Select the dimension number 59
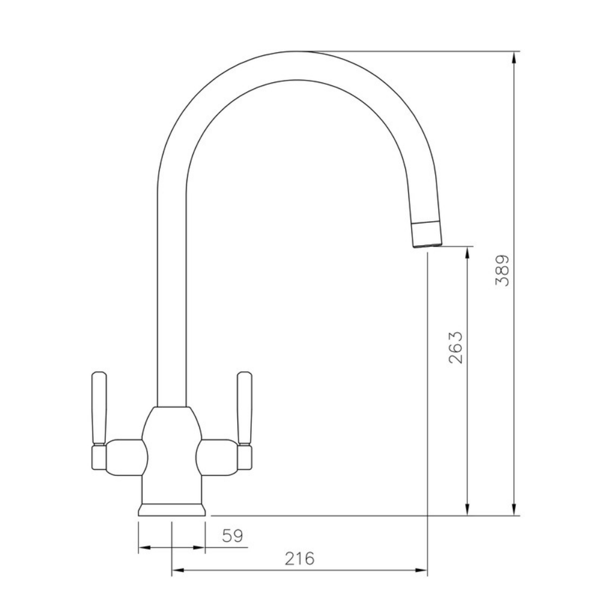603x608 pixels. (x=232, y=535)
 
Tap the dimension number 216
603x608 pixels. (x=299, y=559)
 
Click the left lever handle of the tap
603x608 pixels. (x=98, y=409)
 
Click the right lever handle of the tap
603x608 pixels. (x=244, y=409)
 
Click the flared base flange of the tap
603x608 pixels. (x=173, y=510)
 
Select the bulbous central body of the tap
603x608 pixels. (x=172, y=445)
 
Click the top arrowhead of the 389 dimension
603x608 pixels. (x=514, y=56)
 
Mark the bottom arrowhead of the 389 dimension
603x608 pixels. (x=514, y=510)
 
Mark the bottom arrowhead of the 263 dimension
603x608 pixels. (x=467, y=510)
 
